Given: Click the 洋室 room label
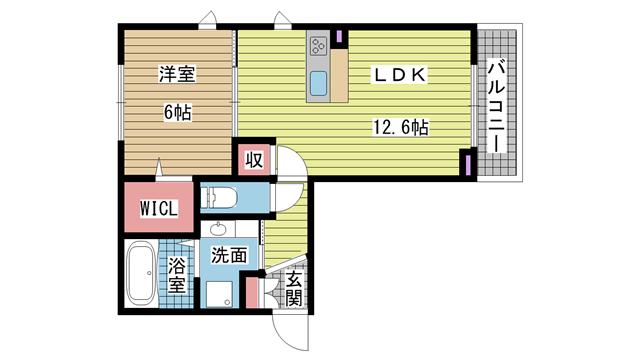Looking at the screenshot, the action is [x=177, y=74].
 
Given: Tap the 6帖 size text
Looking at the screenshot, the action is [x=178, y=112].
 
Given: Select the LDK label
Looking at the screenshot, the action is [x=399, y=75].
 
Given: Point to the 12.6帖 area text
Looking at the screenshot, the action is [x=401, y=127].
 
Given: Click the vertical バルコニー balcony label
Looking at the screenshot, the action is [x=496, y=106].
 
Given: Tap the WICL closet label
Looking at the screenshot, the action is [x=159, y=209].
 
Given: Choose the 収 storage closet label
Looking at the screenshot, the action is [x=254, y=160].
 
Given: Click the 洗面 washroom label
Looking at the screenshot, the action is [x=229, y=256].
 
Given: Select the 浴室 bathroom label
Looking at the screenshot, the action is [x=177, y=275].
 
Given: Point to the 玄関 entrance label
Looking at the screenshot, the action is [x=293, y=289].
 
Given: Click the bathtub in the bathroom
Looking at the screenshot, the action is [x=141, y=273].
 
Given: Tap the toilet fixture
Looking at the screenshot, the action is [x=220, y=197].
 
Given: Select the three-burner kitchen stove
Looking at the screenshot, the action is [x=318, y=46].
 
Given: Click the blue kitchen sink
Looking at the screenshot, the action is [x=318, y=84].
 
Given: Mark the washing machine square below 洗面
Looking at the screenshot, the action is [x=220, y=294].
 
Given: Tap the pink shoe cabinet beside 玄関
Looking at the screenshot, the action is [x=252, y=293].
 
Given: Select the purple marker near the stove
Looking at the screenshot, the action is [x=339, y=36].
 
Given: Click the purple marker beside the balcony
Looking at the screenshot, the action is [x=468, y=162].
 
